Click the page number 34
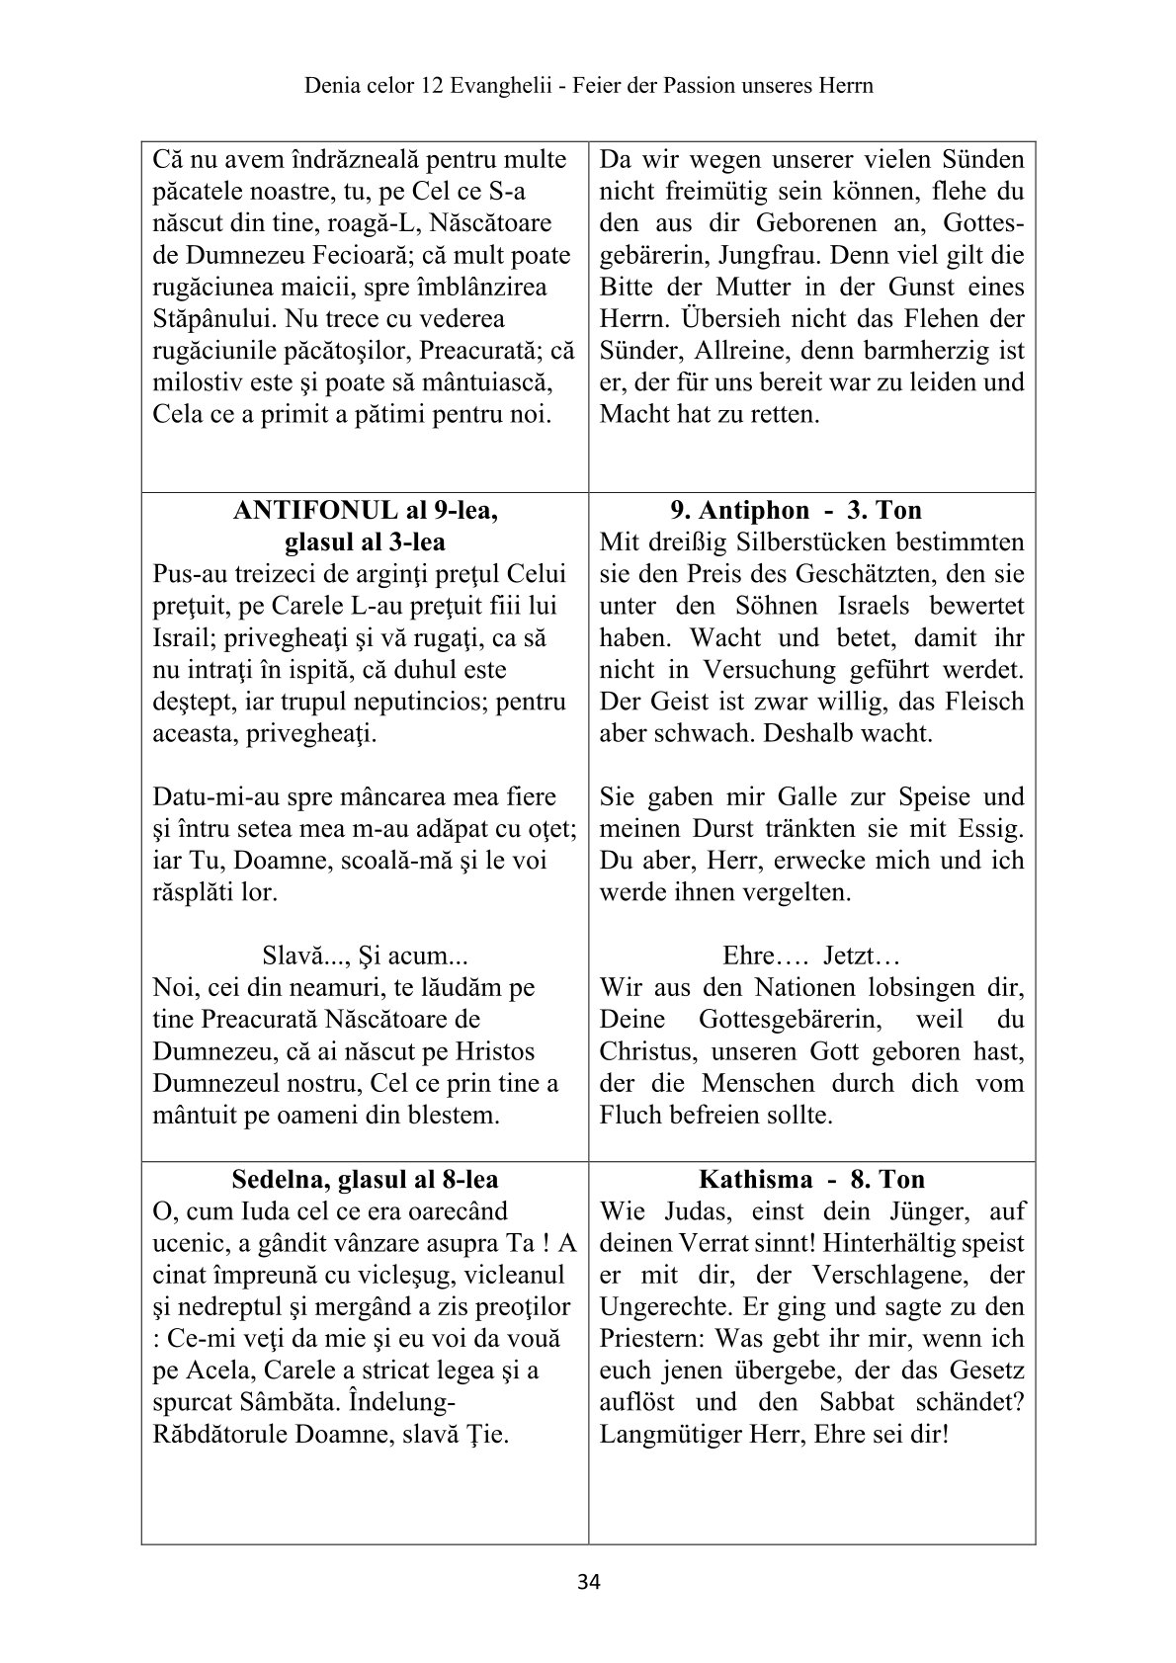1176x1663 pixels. (588, 1583)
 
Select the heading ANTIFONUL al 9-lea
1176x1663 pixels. (365, 510)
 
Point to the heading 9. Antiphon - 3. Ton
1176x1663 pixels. (796, 510)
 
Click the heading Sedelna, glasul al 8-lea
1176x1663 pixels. (365, 1179)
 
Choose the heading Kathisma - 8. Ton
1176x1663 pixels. (811, 1179)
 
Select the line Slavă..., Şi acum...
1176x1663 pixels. (365, 956)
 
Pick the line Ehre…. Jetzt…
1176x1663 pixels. (810, 956)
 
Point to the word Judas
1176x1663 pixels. (687, 1211)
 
